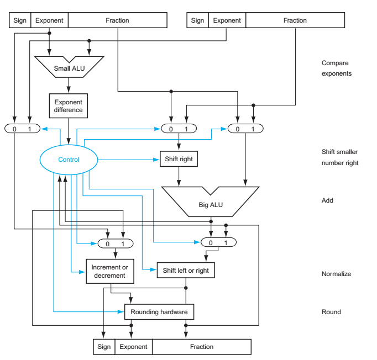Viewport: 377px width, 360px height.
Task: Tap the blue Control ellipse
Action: coord(69,160)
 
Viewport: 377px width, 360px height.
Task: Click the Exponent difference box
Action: coord(69,105)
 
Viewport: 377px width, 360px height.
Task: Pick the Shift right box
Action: coord(178,159)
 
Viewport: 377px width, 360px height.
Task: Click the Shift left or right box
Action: coord(185,271)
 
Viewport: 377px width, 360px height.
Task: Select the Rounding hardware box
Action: coord(159,312)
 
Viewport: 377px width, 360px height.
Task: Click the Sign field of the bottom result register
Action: coord(104,347)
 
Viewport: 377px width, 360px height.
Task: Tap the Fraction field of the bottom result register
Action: coord(201,347)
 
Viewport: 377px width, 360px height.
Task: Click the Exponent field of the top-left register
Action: coord(49,20)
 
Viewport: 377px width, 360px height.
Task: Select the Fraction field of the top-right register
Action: coord(295,20)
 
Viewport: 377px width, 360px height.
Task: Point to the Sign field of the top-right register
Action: coord(197,20)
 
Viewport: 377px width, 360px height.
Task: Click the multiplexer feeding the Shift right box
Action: coord(178,129)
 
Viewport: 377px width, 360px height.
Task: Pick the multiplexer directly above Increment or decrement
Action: coord(115,243)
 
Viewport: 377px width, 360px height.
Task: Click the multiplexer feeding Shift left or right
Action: coord(218,242)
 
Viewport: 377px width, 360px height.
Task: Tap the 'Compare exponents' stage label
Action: coord(336,68)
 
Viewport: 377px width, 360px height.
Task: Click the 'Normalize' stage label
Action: coord(336,274)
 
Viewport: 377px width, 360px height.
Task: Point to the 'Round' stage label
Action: coord(331,312)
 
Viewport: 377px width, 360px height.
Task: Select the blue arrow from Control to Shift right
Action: coord(128,160)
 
